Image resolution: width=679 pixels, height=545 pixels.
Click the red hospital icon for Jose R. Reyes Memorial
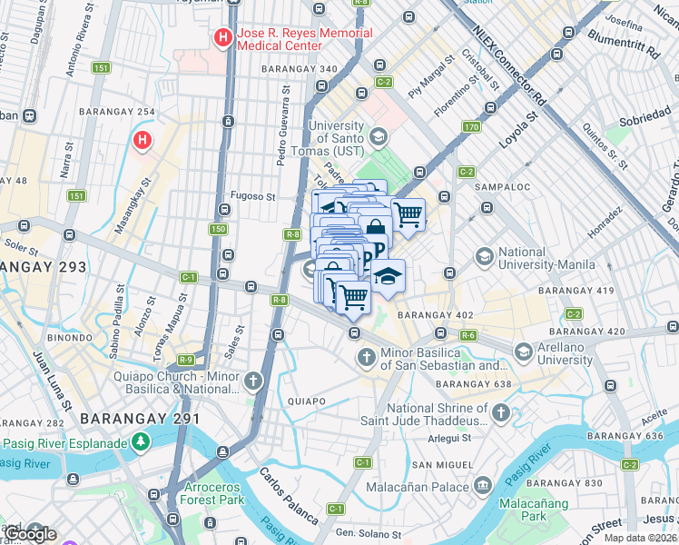(221, 38)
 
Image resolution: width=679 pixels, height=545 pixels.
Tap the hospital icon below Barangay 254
(143, 141)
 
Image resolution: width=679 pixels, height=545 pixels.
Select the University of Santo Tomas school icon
(378, 137)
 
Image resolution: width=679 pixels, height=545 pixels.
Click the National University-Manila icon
(483, 257)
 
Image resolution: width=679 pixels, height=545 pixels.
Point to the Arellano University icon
(523, 352)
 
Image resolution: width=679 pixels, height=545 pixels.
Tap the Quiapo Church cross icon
(252, 381)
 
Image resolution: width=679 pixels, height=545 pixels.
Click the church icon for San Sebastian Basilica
(367, 357)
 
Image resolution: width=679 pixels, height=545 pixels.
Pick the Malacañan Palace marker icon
(482, 486)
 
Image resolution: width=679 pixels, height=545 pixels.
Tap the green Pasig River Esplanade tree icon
(140, 442)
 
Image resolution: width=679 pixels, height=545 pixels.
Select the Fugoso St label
(252, 195)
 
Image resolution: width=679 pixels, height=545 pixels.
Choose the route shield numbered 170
(470, 127)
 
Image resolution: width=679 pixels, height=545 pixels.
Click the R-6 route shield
(468, 335)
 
